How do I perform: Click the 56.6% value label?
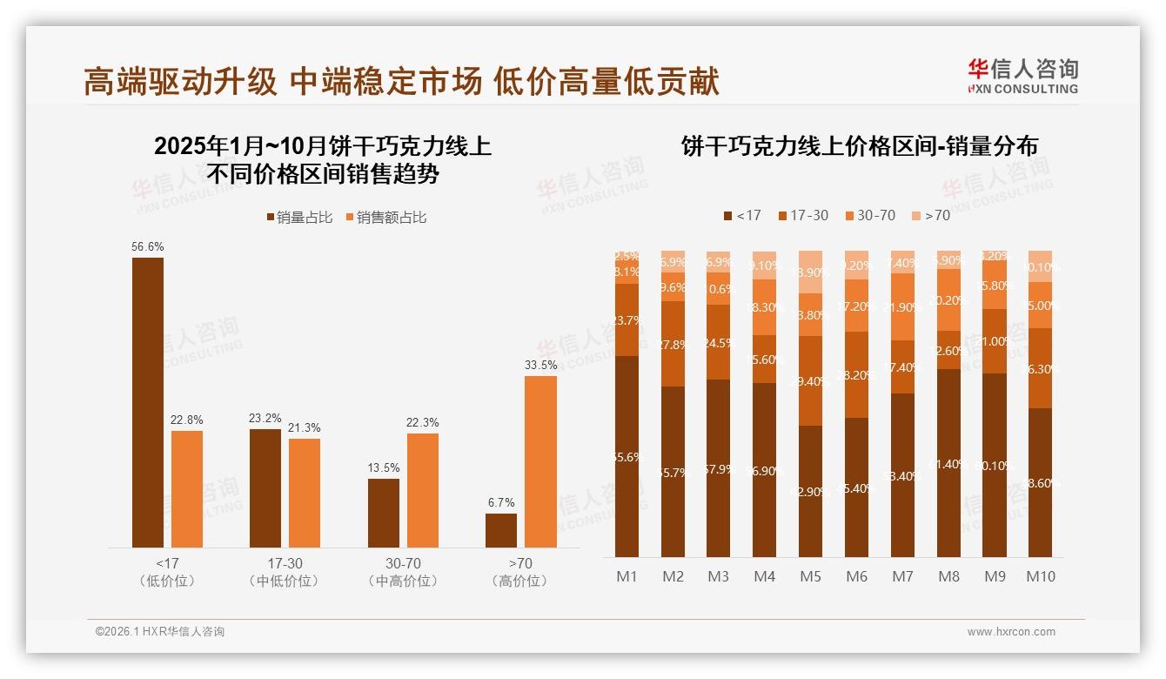[x=148, y=246]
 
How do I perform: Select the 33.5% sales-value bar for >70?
[x=540, y=461]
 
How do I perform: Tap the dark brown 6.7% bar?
[x=501, y=530]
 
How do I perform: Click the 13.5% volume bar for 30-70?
[x=384, y=513]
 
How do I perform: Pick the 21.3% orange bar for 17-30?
[x=305, y=493]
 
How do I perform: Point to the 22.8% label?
[x=187, y=420]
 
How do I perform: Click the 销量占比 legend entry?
[x=299, y=218]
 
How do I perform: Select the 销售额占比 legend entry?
[x=386, y=218]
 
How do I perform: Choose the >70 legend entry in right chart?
[x=930, y=215]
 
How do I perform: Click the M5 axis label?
[x=811, y=576]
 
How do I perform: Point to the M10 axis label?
[x=1040, y=576]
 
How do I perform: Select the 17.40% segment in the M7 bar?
[x=902, y=366]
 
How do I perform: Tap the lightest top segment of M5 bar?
[x=811, y=272]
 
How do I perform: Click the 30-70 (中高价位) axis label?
[x=403, y=572]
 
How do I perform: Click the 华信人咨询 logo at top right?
[x=1022, y=76]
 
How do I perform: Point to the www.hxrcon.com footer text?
[x=1011, y=632]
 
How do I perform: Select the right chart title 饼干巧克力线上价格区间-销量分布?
[x=860, y=146]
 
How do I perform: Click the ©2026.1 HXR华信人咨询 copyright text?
[x=160, y=632]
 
